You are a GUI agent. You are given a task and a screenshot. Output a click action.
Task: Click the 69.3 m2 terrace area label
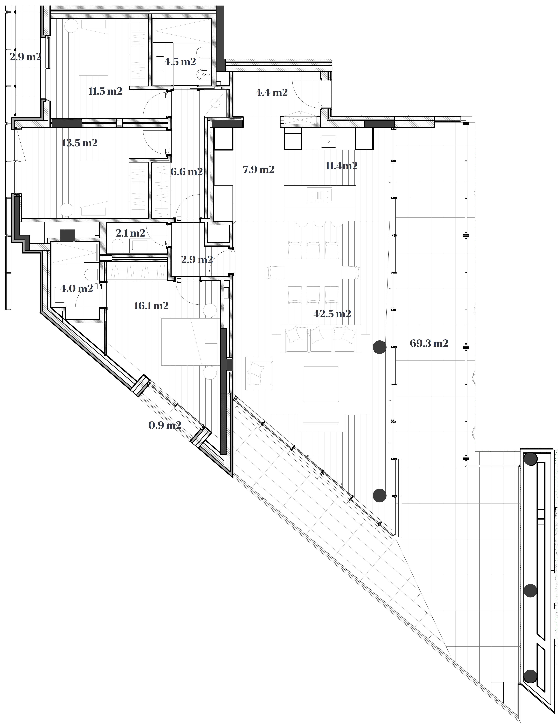pyautogui.click(x=429, y=343)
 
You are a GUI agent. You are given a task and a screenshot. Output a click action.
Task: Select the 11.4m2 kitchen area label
pyautogui.click(x=341, y=166)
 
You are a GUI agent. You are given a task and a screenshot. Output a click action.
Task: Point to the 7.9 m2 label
pyautogui.click(x=259, y=170)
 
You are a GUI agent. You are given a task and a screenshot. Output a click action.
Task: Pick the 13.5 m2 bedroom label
pyautogui.click(x=80, y=143)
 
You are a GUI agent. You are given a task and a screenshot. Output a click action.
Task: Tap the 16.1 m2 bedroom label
pyautogui.click(x=151, y=306)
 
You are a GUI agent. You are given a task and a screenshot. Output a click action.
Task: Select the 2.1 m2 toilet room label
pyautogui.click(x=130, y=233)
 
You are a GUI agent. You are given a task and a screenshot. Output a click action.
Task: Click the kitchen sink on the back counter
pyautogui.click(x=328, y=141)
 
